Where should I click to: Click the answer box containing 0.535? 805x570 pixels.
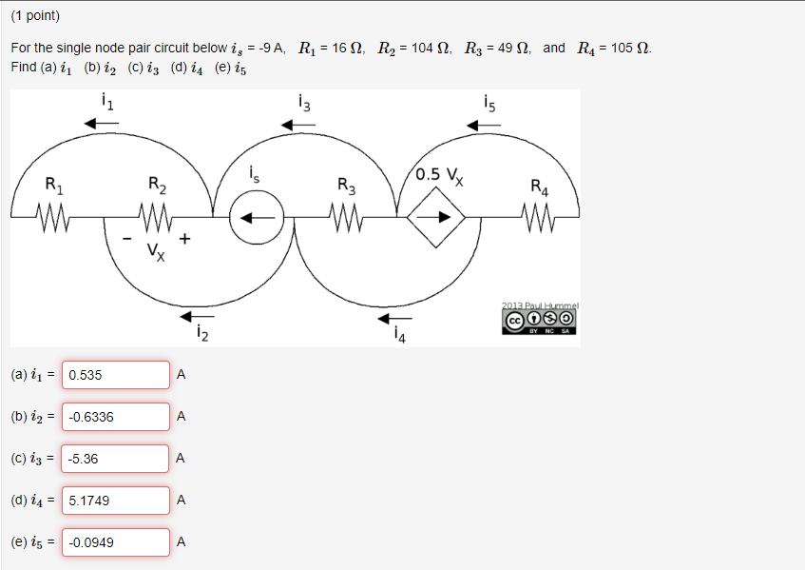click(x=116, y=375)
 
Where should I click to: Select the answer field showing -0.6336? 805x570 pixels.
click(x=116, y=417)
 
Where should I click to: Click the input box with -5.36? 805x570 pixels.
click(x=116, y=459)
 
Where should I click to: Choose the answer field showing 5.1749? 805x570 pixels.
click(x=116, y=501)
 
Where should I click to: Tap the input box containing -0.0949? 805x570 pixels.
click(x=116, y=542)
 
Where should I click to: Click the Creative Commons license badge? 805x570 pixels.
click(x=539, y=319)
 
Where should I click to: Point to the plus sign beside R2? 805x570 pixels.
click(x=184, y=239)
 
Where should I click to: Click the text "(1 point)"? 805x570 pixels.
click(x=35, y=16)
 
